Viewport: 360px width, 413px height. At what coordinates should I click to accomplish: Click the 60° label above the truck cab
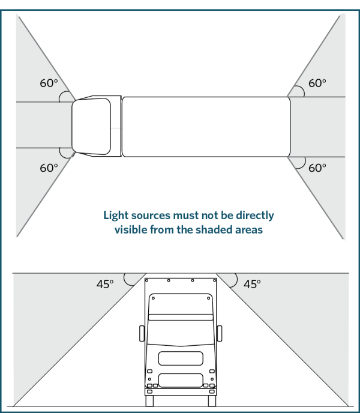click(49, 83)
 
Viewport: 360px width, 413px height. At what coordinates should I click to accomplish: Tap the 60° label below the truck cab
click(49, 168)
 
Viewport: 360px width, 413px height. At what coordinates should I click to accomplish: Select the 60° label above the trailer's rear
click(317, 83)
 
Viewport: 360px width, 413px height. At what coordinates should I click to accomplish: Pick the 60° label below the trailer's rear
click(317, 168)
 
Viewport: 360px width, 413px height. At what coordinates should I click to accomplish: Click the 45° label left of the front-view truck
click(105, 284)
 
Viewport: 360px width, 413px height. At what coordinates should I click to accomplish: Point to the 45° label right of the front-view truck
click(253, 284)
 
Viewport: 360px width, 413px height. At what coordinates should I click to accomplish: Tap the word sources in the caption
click(154, 215)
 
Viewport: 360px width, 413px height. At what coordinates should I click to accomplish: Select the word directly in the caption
click(252, 215)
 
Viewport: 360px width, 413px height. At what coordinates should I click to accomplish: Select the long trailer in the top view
click(206, 127)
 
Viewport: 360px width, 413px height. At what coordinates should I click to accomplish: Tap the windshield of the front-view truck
click(180, 330)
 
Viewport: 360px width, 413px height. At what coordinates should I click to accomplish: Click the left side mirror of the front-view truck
click(141, 334)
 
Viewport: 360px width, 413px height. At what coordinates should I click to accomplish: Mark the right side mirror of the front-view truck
click(220, 334)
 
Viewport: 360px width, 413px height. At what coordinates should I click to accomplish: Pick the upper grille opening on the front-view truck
click(180, 358)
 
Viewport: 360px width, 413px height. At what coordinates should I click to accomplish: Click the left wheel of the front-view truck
click(149, 401)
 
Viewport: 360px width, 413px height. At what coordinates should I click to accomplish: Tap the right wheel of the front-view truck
click(211, 401)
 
